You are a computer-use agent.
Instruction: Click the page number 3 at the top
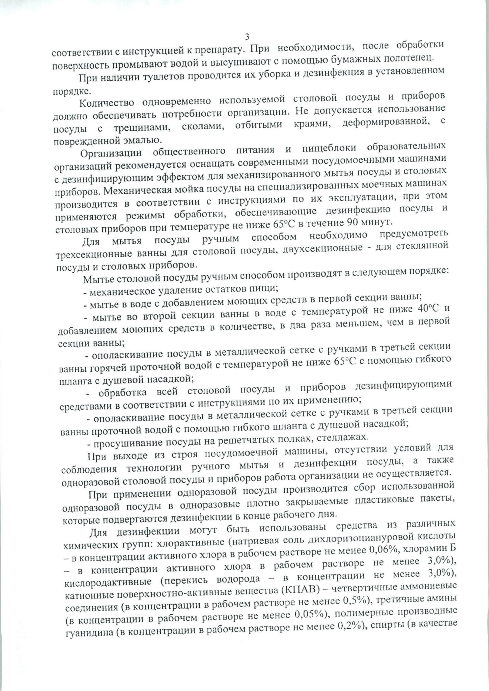[247, 37]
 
